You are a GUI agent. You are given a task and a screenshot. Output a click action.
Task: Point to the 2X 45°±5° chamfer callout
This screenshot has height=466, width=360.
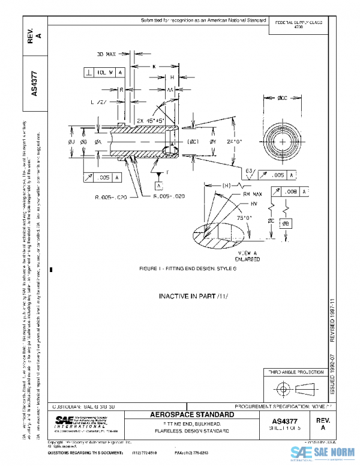point(151,120)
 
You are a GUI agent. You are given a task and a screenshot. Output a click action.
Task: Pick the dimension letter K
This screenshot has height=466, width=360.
point(154,66)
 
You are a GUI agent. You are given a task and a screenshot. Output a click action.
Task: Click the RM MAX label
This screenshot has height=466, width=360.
point(251,195)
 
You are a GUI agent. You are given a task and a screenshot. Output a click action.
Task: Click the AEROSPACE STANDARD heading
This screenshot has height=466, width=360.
point(192,415)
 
